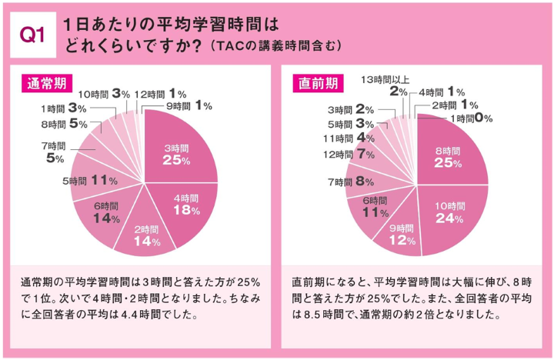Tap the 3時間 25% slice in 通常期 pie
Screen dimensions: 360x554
click(177, 153)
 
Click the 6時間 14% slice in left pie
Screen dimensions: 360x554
click(105, 212)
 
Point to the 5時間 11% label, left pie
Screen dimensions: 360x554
click(90, 181)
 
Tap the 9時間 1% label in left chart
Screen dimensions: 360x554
click(190, 105)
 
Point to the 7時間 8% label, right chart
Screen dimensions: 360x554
click(351, 182)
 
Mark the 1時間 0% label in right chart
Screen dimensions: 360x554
click(472, 118)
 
